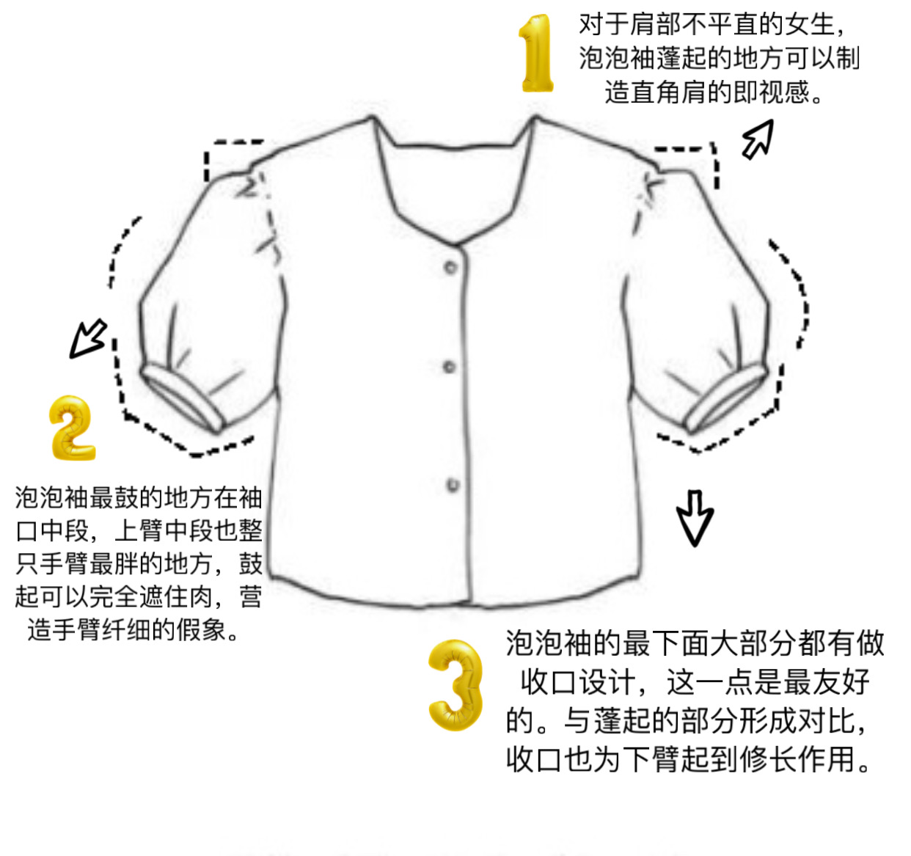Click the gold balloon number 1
537,54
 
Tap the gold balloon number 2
71,428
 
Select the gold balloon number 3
455,684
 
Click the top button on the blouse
451,267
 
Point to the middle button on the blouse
450,367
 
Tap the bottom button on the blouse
453,485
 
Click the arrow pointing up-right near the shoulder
758,139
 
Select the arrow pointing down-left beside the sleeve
88,338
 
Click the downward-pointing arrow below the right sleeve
694,518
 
